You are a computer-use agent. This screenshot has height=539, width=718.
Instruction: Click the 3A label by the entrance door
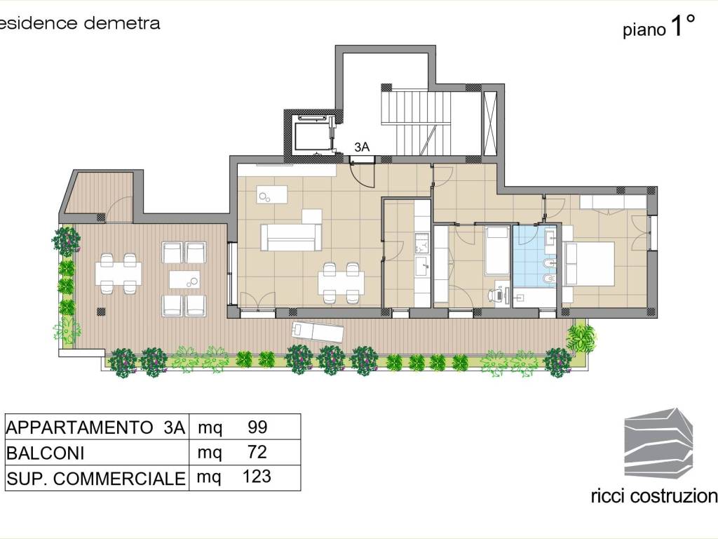tap(362, 147)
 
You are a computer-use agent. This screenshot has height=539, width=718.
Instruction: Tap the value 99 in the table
tap(257, 427)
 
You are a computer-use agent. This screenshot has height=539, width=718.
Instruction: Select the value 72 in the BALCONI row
tap(257, 453)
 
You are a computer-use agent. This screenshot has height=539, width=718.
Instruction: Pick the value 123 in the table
tap(257, 477)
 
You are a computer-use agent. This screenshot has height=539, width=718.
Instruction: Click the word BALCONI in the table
tap(46, 453)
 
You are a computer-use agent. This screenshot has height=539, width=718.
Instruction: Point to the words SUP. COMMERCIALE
tap(95, 479)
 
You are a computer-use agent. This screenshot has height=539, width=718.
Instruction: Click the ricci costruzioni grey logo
tap(658, 443)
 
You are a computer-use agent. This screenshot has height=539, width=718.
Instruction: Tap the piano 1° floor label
tap(659, 27)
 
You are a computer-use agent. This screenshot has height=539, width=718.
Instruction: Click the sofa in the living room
tap(290, 237)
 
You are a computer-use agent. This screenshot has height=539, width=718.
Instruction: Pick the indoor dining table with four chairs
tap(341, 283)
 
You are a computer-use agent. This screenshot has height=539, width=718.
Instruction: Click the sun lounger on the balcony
tap(318, 331)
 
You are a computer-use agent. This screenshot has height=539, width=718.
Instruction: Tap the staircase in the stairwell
tap(416, 123)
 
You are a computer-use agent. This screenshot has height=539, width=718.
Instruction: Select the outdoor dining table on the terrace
tap(118, 274)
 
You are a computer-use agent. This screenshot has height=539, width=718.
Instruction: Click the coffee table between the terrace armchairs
tap(184, 279)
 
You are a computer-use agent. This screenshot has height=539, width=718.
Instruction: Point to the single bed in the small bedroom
tap(497, 251)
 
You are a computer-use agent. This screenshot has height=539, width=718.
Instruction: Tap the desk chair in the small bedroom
tap(494, 295)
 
